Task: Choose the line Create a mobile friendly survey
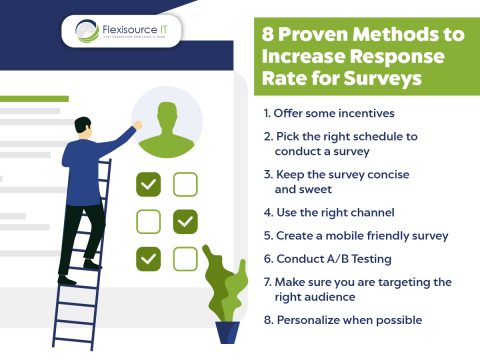[355, 236]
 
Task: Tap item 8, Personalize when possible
[346, 320]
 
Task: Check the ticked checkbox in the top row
[149, 184]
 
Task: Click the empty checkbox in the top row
[185, 184]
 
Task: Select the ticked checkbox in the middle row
[185, 221]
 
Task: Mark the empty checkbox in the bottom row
[185, 258]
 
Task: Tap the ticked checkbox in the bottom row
[149, 258]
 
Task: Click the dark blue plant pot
[227, 331]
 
